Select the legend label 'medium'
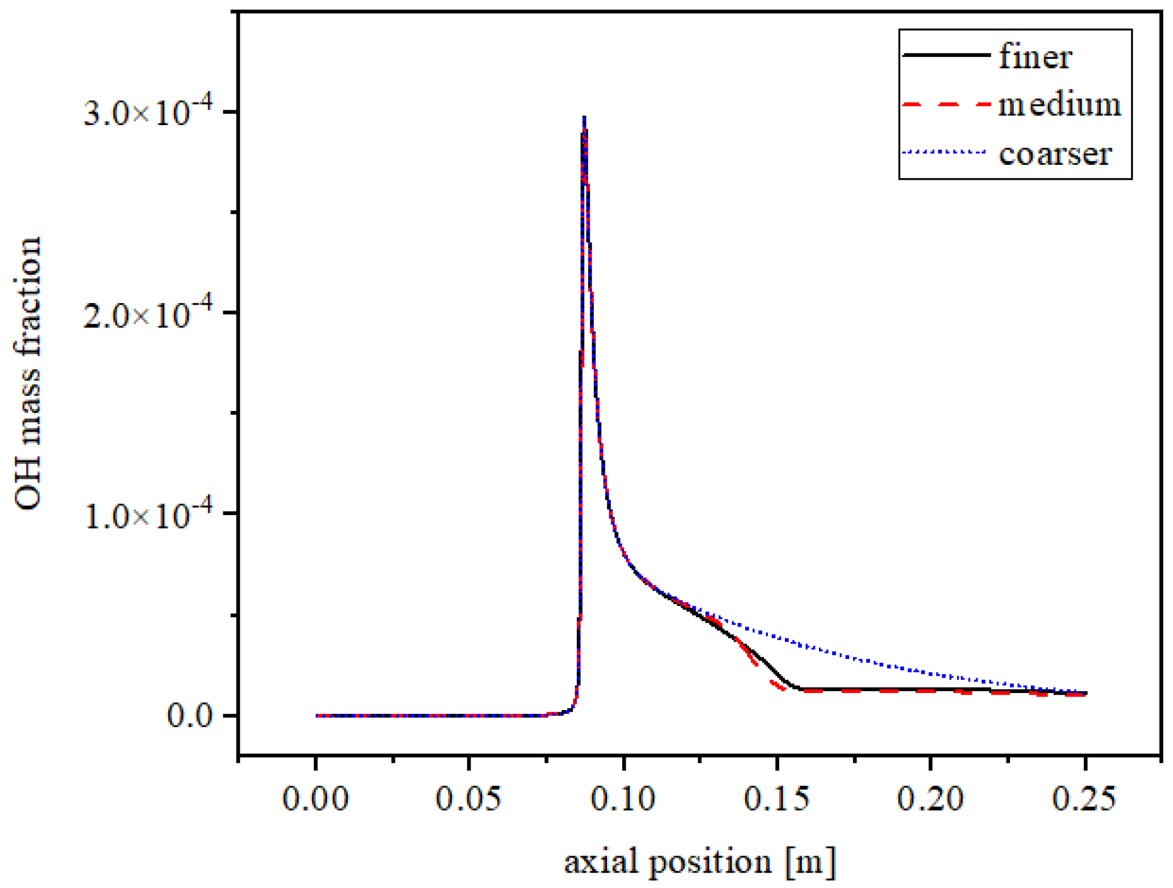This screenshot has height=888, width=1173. [x=1059, y=106]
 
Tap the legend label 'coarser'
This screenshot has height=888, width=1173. [x=1055, y=155]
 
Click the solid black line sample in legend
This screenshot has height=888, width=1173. [x=946, y=55]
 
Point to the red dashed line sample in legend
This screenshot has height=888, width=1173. [x=946, y=105]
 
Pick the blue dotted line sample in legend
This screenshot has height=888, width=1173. [x=943, y=152]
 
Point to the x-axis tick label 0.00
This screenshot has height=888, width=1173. [x=315, y=799]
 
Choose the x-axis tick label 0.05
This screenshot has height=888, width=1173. [x=468, y=799]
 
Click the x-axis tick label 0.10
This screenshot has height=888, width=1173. [x=623, y=799]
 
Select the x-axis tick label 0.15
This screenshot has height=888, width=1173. [x=776, y=799]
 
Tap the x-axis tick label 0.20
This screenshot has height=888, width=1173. [x=930, y=799]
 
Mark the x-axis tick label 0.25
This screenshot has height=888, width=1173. [x=1084, y=799]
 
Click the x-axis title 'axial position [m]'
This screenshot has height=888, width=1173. [x=700, y=862]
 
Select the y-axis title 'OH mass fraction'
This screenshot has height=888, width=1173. [x=28, y=373]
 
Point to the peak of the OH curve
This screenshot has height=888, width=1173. [x=584, y=118]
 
